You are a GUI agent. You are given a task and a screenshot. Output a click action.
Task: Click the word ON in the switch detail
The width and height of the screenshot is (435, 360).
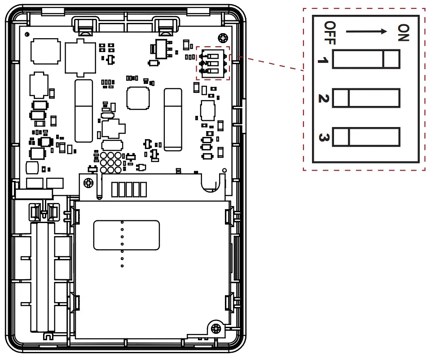[403, 32]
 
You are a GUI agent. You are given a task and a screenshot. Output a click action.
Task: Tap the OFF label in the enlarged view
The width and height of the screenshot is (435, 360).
[330, 33]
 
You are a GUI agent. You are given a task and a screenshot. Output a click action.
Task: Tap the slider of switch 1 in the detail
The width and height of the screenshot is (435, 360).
[391, 59]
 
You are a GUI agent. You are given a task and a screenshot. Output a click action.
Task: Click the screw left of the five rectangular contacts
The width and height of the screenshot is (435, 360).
[89, 183]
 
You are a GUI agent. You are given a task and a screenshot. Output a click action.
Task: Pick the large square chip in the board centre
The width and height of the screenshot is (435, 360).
[138, 98]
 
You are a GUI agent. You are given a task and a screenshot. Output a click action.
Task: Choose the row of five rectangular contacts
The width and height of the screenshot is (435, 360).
[129, 189]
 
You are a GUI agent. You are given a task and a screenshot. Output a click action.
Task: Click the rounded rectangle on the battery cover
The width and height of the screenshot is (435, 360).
[127, 235]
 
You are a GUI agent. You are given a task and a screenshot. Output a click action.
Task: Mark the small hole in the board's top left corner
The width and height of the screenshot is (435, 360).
[28, 35]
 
